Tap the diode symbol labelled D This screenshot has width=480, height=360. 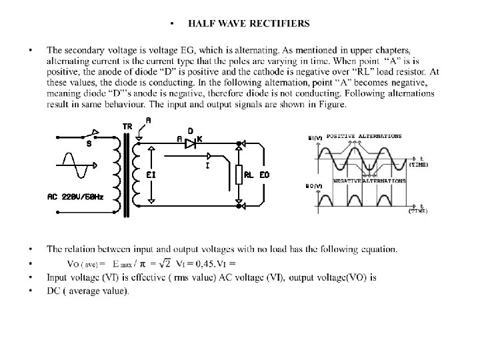pyautogui.click(x=190, y=142)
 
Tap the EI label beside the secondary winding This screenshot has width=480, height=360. pyautogui.click(x=151, y=175)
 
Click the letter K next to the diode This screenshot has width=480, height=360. pyautogui.click(x=200, y=139)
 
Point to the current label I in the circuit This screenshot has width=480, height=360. pyautogui.click(x=209, y=165)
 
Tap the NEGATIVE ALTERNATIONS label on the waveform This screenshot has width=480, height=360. pyautogui.click(x=379, y=180)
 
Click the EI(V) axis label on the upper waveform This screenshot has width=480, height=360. pyautogui.click(x=315, y=138)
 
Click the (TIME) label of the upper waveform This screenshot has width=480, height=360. pyautogui.click(x=419, y=164)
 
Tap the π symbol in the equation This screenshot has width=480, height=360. pyautogui.click(x=144, y=262)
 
